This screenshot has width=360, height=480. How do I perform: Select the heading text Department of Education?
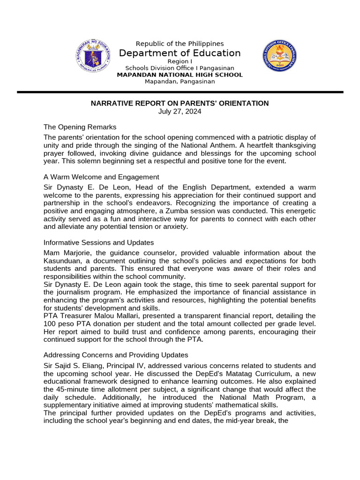[x=180, y=53]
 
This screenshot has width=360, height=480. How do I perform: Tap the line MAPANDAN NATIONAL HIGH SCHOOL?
[x=180, y=75]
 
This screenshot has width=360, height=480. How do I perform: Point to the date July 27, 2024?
[x=180, y=112]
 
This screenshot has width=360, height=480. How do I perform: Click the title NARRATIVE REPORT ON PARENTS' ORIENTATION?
[x=180, y=103]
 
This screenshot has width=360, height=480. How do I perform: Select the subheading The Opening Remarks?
[x=80, y=127]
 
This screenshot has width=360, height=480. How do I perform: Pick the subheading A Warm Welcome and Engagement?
[x=101, y=177]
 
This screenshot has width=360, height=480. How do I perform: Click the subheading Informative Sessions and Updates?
[x=98, y=242]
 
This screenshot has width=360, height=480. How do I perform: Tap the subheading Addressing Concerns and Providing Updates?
[x=116, y=354]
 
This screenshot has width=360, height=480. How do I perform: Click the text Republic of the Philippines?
[x=180, y=44]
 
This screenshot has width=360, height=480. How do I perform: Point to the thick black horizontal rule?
[x=180, y=92]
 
